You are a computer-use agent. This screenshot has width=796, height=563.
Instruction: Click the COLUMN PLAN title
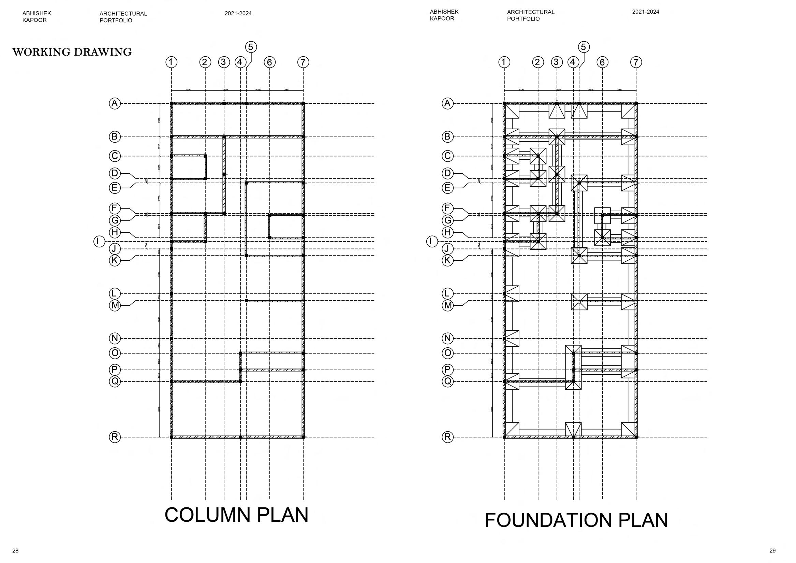click(x=236, y=515)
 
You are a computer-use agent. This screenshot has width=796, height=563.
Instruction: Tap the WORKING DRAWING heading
click(x=72, y=52)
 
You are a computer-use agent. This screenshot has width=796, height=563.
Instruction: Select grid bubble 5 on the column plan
click(x=251, y=47)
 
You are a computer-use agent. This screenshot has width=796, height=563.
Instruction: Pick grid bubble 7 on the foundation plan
click(x=636, y=62)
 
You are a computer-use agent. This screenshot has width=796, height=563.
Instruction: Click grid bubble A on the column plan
click(x=115, y=103)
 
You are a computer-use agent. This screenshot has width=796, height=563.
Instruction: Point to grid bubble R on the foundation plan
click(x=447, y=437)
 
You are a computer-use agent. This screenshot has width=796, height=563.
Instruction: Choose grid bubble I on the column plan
click(x=99, y=241)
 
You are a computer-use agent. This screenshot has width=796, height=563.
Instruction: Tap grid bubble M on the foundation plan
click(x=448, y=305)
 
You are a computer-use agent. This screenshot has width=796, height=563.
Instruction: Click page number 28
click(x=15, y=550)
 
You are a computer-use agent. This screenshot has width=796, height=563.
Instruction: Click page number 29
click(x=772, y=550)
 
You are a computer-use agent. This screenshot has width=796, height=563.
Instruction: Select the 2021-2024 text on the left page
click(x=238, y=14)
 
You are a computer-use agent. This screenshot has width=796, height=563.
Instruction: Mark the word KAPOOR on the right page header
click(x=442, y=18)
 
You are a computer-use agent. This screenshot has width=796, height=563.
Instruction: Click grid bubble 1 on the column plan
click(x=171, y=62)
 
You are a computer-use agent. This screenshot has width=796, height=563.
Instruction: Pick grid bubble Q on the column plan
click(x=115, y=381)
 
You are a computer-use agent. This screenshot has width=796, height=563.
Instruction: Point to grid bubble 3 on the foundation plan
click(x=557, y=62)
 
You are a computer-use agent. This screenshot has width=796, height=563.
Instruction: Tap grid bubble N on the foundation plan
click(x=447, y=338)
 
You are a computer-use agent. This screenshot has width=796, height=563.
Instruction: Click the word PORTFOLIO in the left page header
click(x=116, y=20)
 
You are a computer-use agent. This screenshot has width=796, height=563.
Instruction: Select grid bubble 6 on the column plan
click(x=269, y=62)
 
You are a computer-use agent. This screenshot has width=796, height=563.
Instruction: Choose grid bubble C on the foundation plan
click(x=447, y=156)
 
